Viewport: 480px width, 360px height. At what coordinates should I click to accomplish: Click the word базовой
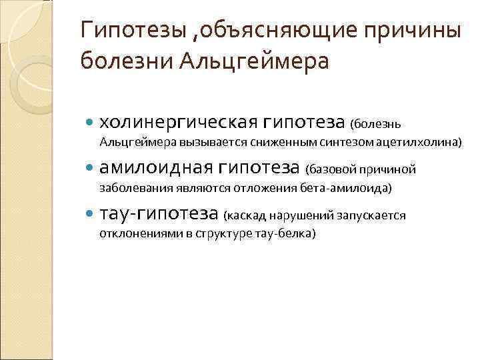331,169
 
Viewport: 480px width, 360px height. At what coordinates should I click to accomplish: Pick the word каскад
245,215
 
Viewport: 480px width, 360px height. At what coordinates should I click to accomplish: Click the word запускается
375,215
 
